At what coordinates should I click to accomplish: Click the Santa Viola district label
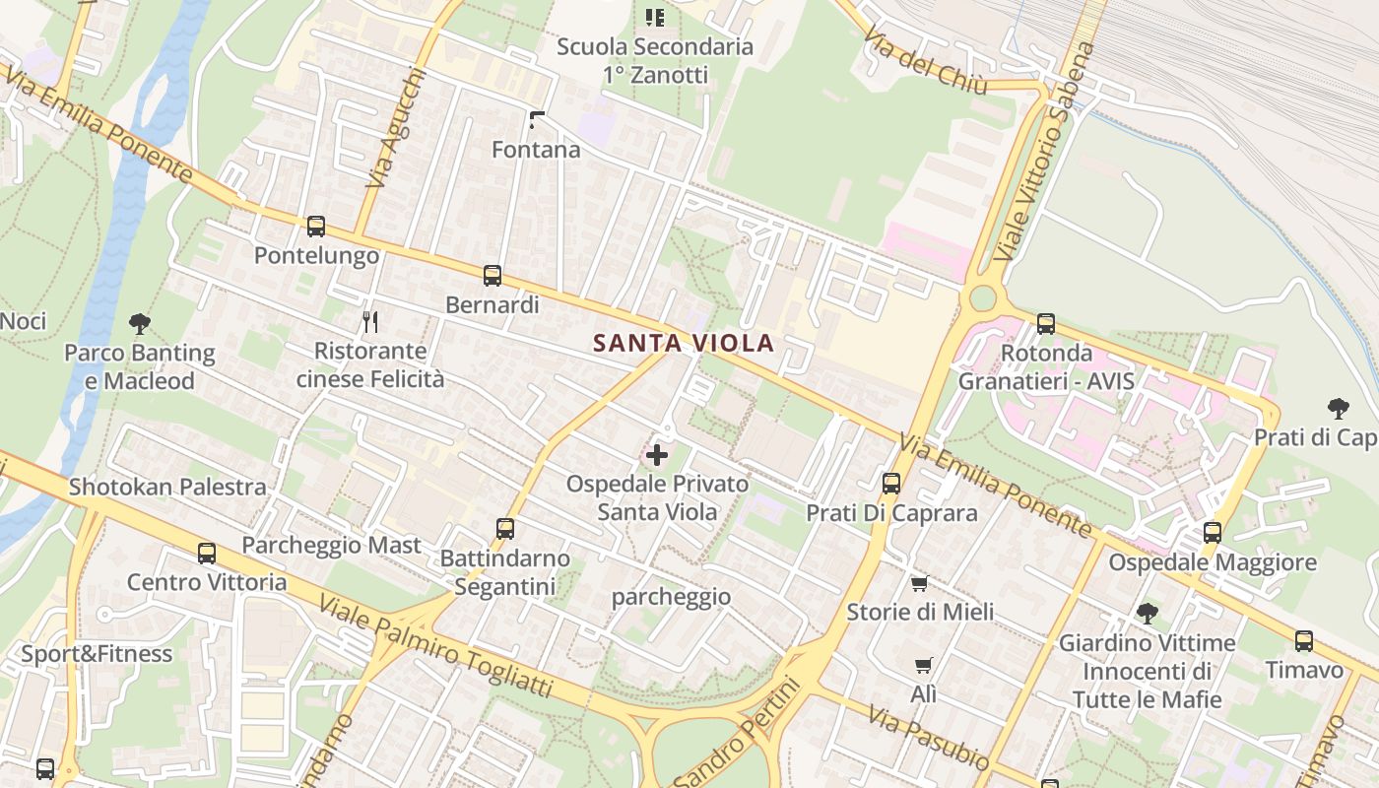click(684, 344)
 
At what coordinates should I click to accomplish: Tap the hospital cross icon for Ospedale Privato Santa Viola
click(656, 455)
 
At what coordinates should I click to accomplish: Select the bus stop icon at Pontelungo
click(316, 227)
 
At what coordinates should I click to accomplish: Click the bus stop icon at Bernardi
click(492, 276)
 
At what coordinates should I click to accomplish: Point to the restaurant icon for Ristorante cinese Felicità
click(370, 321)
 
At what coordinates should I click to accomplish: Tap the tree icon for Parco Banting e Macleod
click(140, 323)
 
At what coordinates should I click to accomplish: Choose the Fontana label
click(536, 150)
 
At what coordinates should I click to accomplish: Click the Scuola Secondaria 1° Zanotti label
click(655, 60)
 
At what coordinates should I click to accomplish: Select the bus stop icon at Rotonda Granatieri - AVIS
click(1046, 323)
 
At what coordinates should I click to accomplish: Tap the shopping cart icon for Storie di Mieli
click(920, 583)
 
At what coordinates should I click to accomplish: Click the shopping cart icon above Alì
click(923, 666)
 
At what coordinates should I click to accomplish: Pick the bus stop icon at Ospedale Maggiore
click(1213, 533)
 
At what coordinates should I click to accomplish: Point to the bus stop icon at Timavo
click(1304, 641)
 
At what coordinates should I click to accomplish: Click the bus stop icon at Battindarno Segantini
click(505, 529)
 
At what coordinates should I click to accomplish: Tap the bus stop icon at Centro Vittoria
click(207, 554)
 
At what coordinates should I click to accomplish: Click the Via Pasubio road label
click(928, 737)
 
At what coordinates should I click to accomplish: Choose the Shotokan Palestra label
click(167, 487)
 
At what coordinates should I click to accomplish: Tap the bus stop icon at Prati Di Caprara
click(891, 484)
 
